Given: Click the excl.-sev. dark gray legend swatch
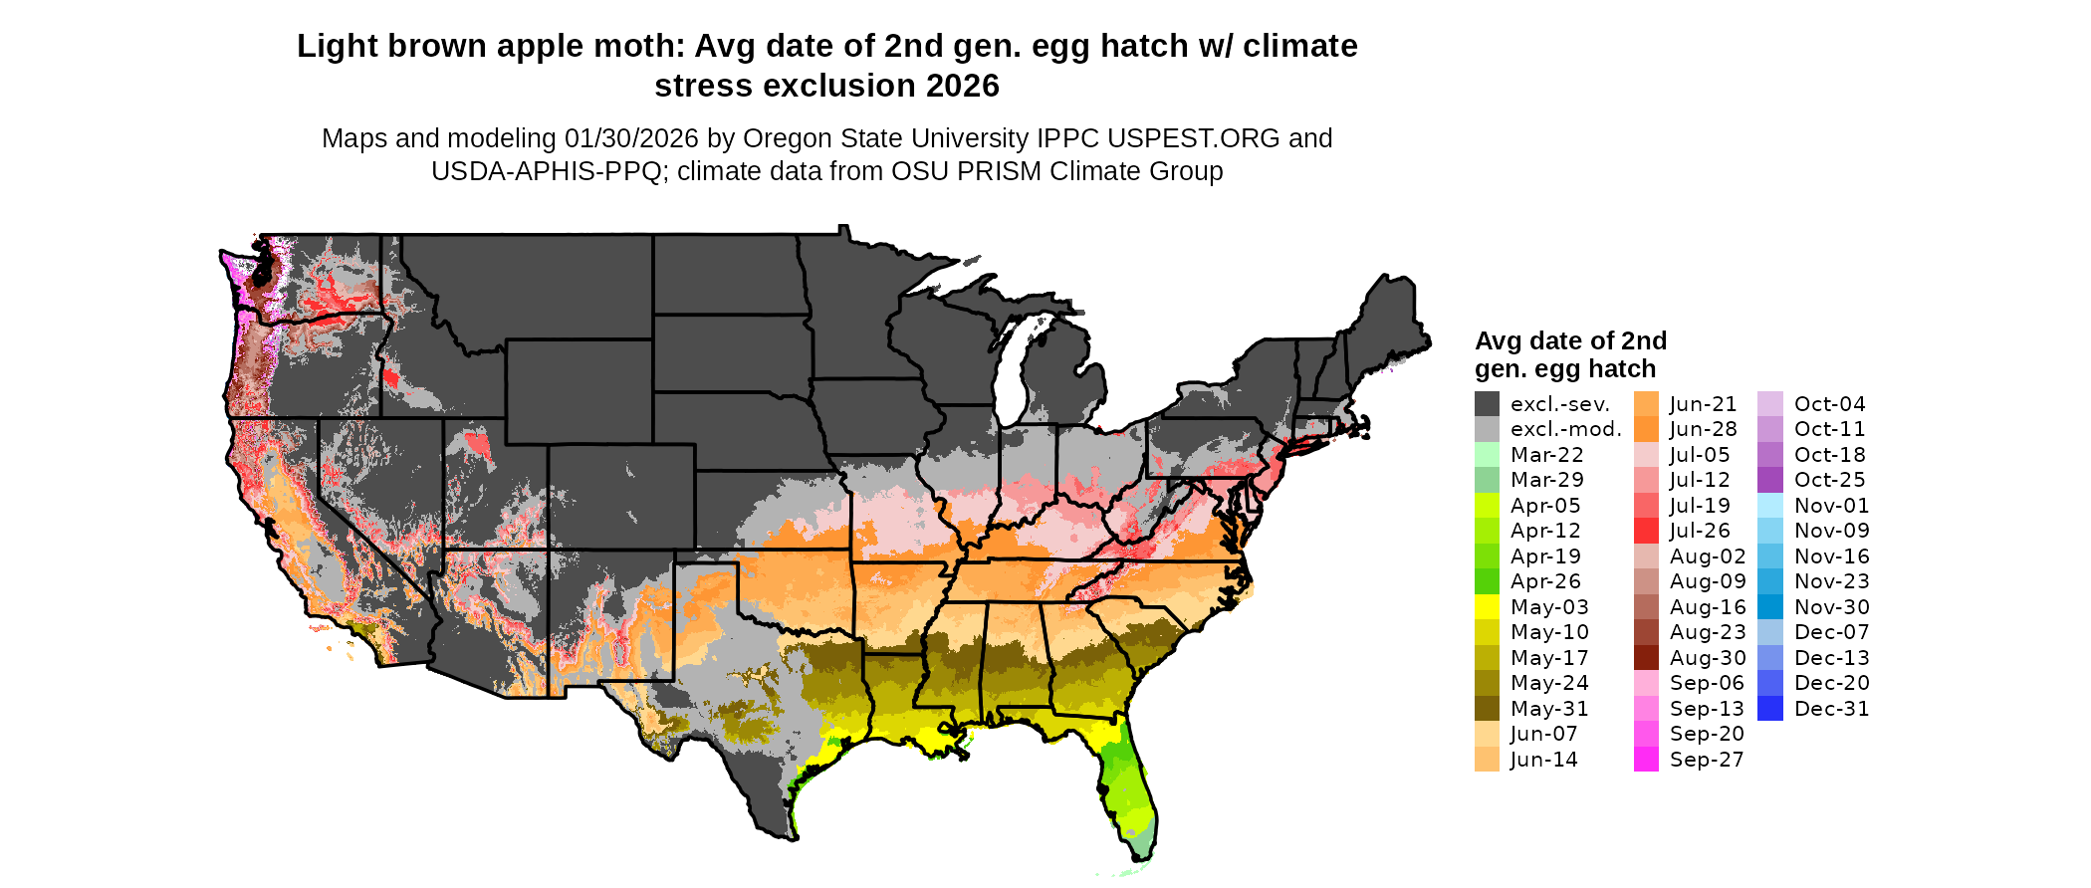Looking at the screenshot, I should click(1487, 404).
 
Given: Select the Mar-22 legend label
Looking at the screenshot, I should click(1546, 455).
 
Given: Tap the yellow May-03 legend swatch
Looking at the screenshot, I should click(1487, 607).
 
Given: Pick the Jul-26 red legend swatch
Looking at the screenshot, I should click(1647, 531).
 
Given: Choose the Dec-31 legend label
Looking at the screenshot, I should click(1831, 709).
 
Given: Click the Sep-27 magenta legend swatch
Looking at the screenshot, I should click(1647, 760).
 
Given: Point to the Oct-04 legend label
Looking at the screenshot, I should click(1829, 404).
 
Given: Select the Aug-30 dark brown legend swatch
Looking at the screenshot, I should click(1647, 658).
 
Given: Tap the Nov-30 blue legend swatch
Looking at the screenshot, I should click(1770, 607).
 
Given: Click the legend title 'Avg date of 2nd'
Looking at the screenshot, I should click(1570, 340).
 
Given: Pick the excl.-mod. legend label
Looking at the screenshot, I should click(1565, 429).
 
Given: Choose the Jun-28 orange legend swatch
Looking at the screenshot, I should click(1647, 429).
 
